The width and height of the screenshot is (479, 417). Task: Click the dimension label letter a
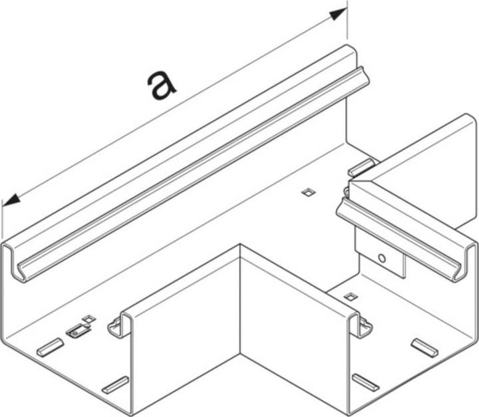click(x=162, y=86)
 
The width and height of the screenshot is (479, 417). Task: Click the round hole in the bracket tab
click(x=381, y=258)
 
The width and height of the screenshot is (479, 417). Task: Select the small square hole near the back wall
click(x=307, y=192)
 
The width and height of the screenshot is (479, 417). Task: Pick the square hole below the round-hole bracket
click(x=351, y=295)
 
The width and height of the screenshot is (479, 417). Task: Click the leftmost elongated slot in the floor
click(x=50, y=347)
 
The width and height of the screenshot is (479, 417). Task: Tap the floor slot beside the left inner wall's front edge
click(x=114, y=384)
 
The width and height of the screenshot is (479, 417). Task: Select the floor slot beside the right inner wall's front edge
click(x=365, y=382)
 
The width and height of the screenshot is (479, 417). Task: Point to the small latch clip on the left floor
click(x=77, y=329)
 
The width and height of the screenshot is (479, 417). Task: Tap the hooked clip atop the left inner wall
click(x=118, y=326)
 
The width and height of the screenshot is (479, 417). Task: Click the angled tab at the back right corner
click(x=362, y=168)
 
